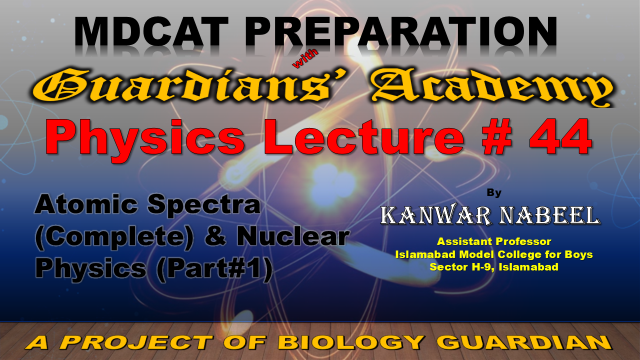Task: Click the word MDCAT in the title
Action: (151, 31)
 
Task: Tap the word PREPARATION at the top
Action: (401, 31)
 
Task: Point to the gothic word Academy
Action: (492, 87)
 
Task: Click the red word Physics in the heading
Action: (145, 137)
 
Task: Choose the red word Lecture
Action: (364, 137)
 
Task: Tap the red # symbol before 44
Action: (497, 137)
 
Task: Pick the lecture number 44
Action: (561, 137)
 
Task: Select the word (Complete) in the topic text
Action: (115, 237)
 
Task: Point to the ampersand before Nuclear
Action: (216, 236)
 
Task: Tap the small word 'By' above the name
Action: (494, 192)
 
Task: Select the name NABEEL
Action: (549, 215)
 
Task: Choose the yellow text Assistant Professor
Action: (494, 242)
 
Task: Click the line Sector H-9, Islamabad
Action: (494, 267)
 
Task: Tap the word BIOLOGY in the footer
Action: (350, 342)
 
